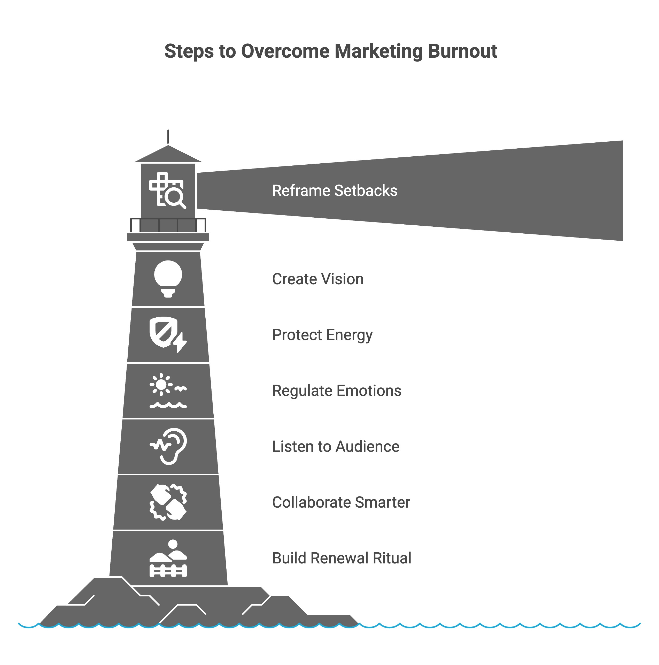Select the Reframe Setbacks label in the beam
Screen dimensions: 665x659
tap(335, 191)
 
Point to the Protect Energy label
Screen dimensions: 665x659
tap(322, 335)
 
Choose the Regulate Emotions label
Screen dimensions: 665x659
tap(337, 391)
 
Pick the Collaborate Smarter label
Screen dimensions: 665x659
tap(341, 502)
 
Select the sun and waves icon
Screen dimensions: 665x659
tap(168, 391)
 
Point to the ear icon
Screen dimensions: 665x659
tap(169, 446)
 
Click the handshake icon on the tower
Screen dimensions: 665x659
tap(168, 502)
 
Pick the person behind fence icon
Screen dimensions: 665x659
tap(168, 558)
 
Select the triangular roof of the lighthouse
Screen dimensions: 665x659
tap(168, 154)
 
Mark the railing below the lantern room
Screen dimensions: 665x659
tap(168, 225)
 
